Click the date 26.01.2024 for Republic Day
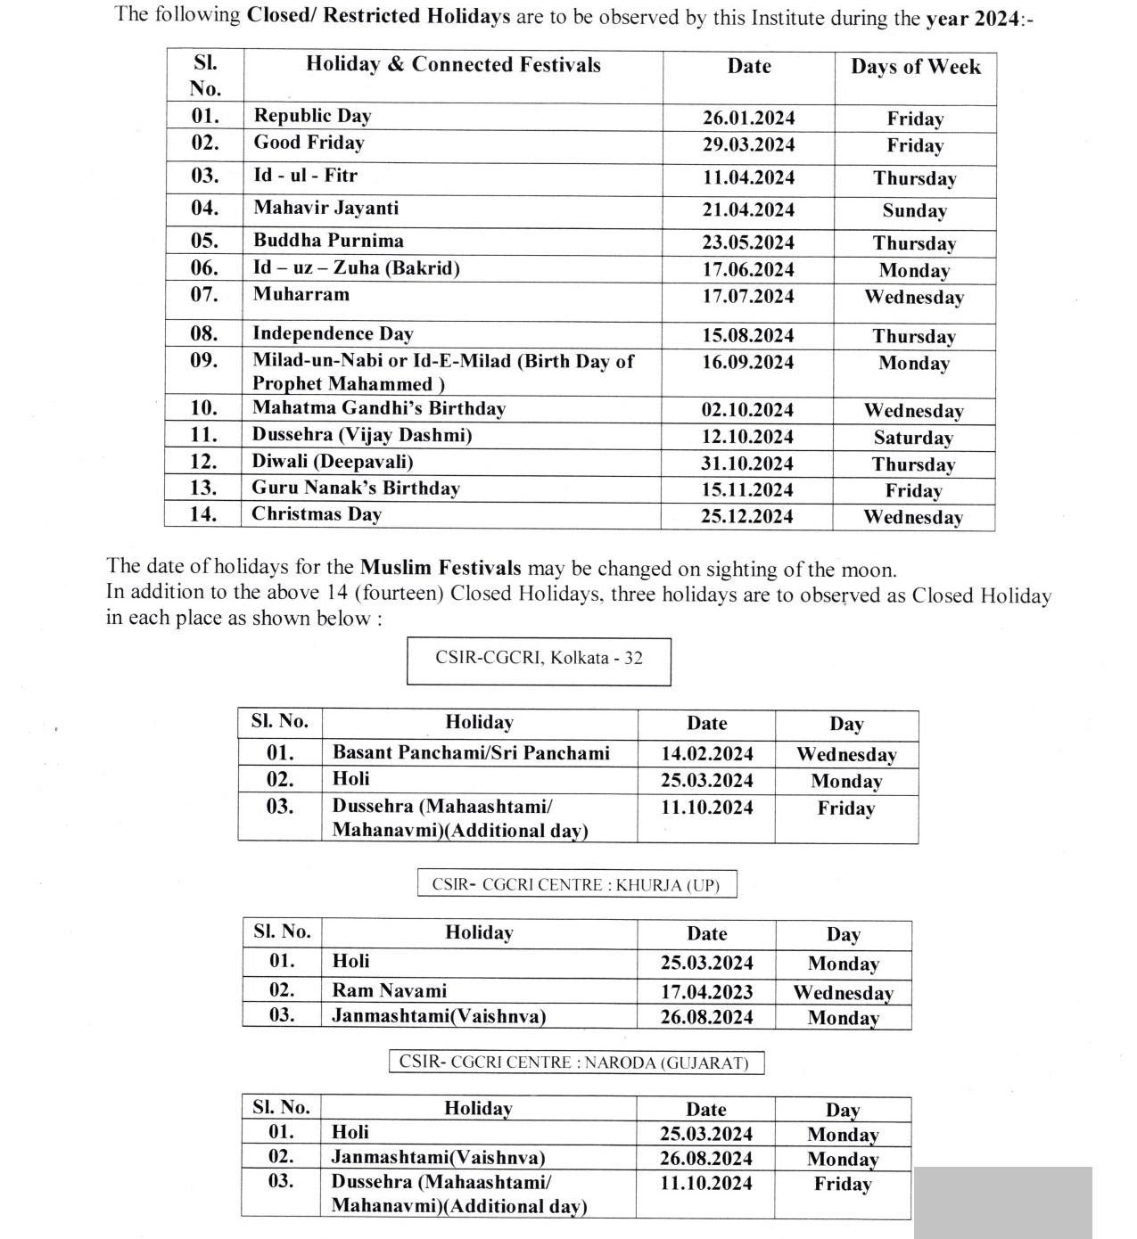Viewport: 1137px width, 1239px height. coord(748,118)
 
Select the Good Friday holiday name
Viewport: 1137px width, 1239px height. coord(309,143)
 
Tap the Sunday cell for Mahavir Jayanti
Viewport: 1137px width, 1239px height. coord(914,210)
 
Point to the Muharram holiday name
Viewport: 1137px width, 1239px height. coord(301,294)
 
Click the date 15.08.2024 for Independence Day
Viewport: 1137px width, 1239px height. coord(747,335)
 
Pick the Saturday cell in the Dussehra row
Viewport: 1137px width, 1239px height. coord(913,438)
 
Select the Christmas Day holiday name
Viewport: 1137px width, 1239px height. coord(316,514)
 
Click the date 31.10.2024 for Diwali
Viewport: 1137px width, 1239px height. coord(746,464)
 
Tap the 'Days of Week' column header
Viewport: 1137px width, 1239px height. coord(915,67)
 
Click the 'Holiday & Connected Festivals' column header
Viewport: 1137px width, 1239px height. coord(453,64)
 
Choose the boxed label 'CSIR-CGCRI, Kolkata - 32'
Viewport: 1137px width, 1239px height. coord(539,658)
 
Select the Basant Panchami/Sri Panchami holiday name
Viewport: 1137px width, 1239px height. coord(471,752)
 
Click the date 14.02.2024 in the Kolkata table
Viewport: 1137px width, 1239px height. coord(706,754)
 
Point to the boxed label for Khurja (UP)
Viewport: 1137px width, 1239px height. coord(576,884)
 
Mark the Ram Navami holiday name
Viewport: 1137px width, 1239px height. coord(389,990)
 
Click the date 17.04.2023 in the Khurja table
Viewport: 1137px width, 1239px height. coord(706,992)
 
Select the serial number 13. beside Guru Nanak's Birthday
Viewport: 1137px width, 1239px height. coord(203,488)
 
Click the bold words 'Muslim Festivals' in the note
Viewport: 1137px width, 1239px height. coord(441,568)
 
